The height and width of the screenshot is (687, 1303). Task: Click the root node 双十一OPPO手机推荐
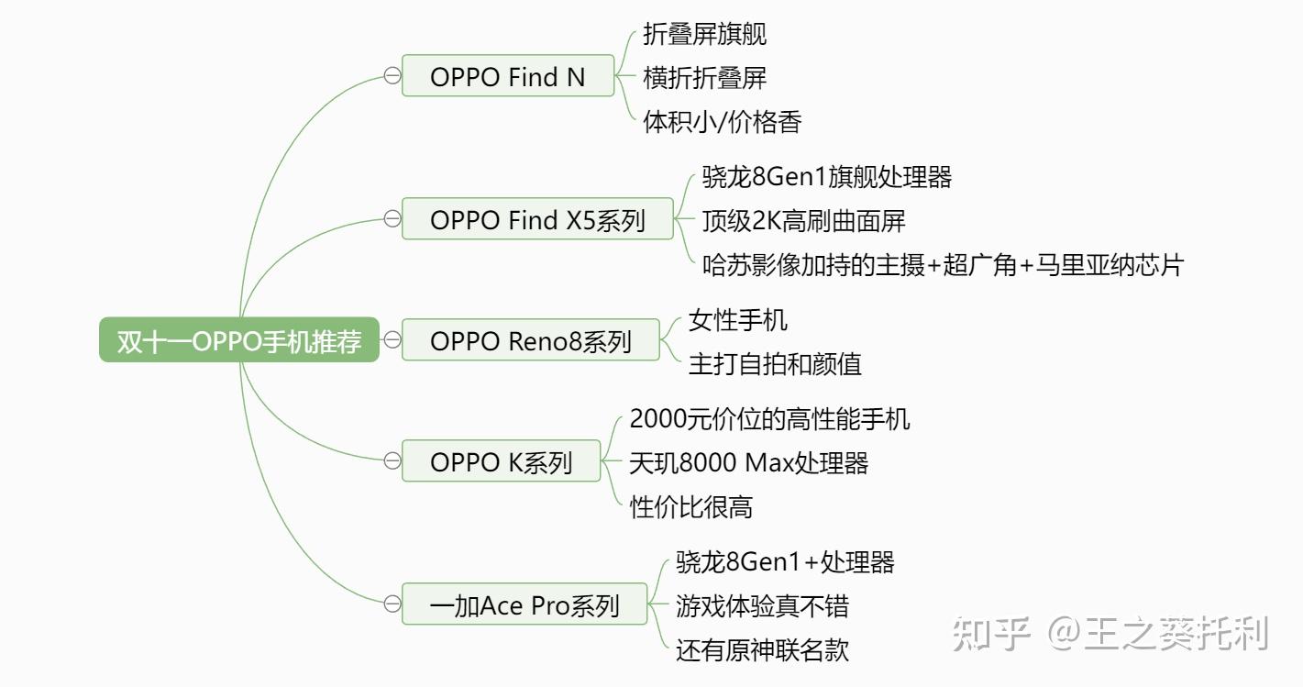239,341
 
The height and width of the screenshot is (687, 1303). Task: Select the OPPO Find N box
508,76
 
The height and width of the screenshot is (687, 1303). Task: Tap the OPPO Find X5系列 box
537,220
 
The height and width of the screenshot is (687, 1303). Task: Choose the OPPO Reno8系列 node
531,341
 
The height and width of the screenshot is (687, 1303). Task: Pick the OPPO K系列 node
501,461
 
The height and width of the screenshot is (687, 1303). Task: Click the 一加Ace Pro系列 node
525,605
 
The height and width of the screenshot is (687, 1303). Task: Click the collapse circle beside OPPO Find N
392,76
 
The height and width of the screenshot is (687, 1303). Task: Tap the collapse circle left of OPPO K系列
392,461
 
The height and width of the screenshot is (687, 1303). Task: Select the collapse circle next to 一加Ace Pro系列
392,604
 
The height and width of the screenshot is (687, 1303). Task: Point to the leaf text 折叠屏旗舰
704,34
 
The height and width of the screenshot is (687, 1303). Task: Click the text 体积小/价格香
723,121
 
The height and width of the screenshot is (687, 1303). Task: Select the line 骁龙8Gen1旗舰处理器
827,176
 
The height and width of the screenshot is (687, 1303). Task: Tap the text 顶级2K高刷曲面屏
803,220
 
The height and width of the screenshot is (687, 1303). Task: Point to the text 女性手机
737,320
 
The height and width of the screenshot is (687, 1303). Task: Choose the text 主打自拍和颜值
775,364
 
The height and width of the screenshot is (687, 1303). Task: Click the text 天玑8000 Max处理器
748,462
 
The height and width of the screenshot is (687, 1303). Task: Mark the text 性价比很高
691,506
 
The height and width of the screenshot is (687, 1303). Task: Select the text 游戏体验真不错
762,605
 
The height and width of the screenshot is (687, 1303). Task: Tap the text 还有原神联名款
762,649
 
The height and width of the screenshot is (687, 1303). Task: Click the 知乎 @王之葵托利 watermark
1110,634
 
